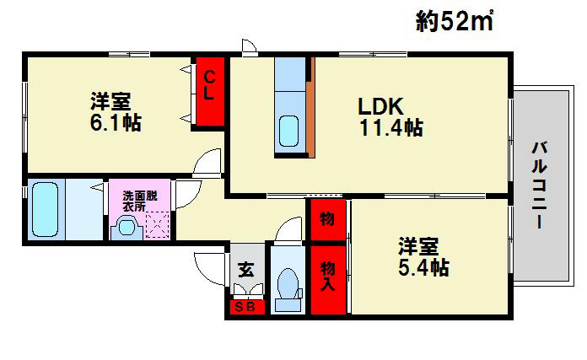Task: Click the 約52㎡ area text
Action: pos(455,21)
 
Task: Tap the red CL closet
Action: pos(210,91)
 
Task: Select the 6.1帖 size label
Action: pos(116,122)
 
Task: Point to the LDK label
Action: pos(380,106)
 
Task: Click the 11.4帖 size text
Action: pos(391,127)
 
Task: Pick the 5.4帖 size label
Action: pos(423,267)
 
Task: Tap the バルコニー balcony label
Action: pos(540,185)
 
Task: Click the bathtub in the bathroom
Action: pos(46,209)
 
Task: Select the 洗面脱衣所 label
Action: pos(140,201)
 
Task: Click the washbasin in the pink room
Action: pos(127,228)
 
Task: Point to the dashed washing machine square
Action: pos(157,225)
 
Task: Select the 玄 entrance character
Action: pos(246,270)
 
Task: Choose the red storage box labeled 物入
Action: pos(328,280)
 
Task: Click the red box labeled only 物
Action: pos(328,219)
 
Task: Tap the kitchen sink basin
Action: pos(289,131)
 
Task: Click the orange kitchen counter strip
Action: pos(310,119)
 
